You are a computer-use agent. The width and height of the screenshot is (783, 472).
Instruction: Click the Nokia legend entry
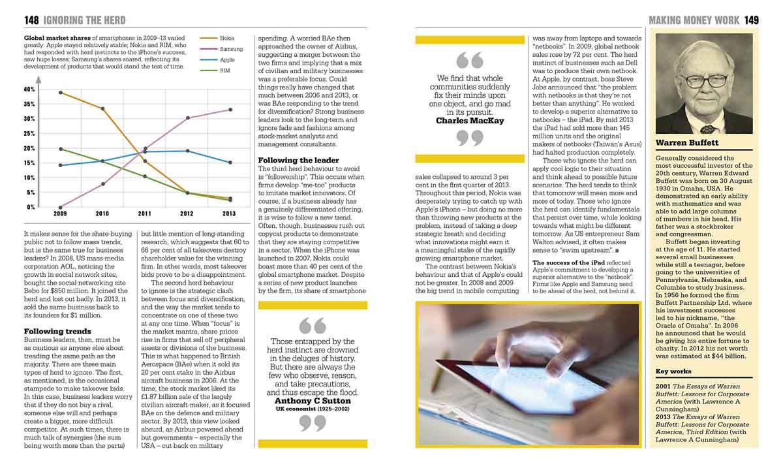pos(227,39)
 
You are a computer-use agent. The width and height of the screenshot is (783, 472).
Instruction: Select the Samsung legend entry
pos(231,49)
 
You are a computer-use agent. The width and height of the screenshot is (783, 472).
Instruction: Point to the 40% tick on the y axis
pos(29,89)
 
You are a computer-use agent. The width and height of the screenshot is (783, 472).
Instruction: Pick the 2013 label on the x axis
pos(229,213)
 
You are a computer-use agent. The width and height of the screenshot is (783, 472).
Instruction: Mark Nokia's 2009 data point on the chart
pos(61,93)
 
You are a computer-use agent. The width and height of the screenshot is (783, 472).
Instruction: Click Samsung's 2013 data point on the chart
pos(230,110)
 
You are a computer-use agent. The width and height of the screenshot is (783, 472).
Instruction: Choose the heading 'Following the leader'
pos(298,160)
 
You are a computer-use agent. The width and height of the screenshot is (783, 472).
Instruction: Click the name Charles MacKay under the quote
pos(470,120)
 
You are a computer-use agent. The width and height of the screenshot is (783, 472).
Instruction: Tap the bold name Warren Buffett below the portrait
pos(686,142)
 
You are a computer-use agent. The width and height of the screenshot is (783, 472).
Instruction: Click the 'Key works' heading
pos(674,372)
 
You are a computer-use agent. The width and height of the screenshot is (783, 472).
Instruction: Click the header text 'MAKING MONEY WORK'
pos(694,20)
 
